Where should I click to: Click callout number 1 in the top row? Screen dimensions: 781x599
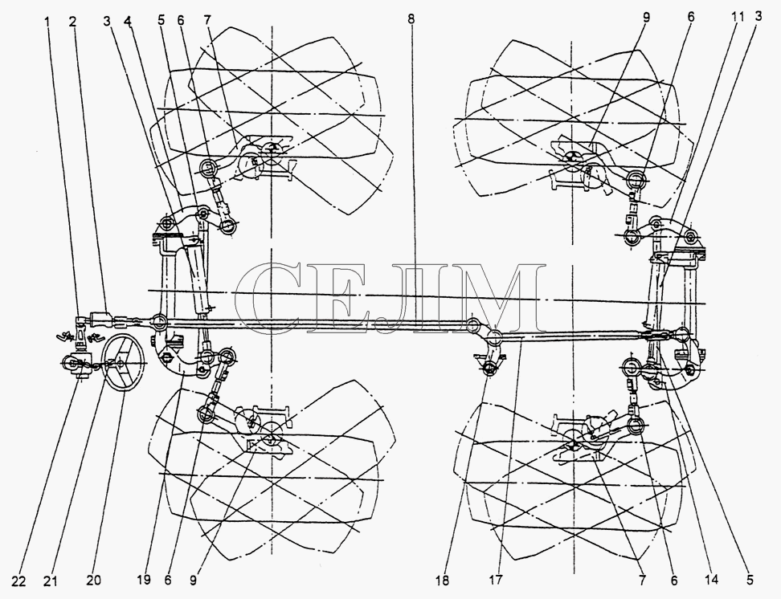[47, 21]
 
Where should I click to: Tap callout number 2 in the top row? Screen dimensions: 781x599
[73, 21]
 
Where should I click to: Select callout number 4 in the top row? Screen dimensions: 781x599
[128, 21]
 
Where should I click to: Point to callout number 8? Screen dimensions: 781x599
[411, 19]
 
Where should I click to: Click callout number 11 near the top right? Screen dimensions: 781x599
[738, 18]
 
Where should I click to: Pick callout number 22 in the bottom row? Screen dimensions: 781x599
[18, 581]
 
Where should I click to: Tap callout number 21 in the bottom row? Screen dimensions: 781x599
[51, 581]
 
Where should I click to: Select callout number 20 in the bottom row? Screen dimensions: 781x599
[94, 580]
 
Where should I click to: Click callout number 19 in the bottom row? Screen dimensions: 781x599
[144, 580]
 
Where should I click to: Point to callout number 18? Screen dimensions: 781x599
[442, 580]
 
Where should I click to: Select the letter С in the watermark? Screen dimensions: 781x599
[265, 298]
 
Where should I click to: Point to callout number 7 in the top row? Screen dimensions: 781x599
[207, 20]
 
